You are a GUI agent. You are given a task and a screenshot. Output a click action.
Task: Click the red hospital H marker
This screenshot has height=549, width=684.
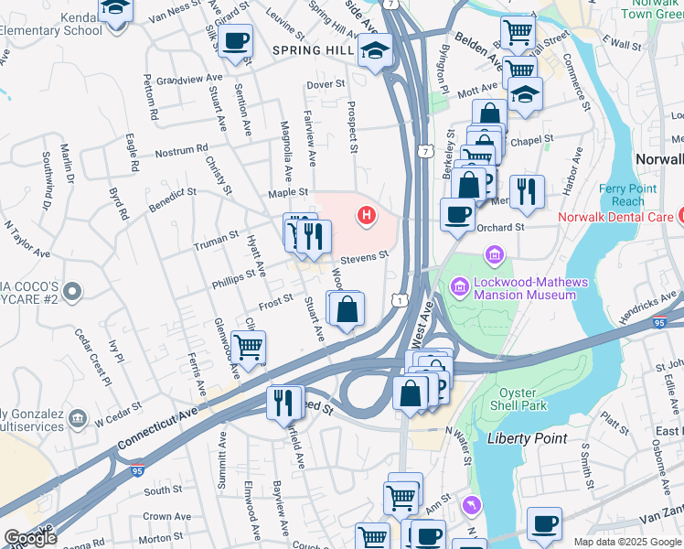[367, 216]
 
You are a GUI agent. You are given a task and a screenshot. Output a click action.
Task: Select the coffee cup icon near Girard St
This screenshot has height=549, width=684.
[236, 42]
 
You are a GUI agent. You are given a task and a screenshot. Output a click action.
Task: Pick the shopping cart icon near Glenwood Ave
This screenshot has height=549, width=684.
[248, 348]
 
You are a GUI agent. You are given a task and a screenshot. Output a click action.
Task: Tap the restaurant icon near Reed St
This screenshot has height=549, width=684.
[283, 402]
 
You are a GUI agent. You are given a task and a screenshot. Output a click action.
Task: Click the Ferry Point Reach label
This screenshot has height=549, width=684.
[622, 195]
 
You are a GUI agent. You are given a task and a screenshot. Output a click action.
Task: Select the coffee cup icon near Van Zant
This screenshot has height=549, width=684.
[545, 524]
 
